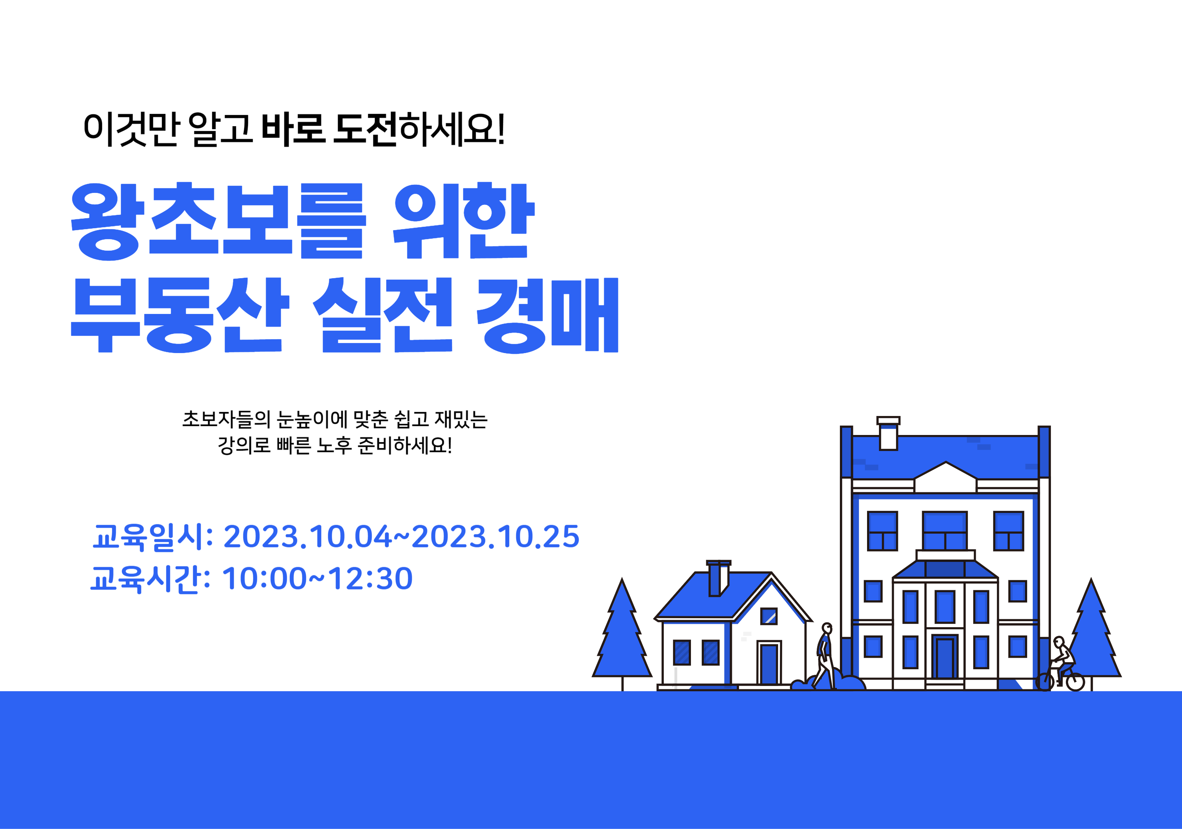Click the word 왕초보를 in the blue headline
(219, 222)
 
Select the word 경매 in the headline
(547, 315)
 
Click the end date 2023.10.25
(495, 537)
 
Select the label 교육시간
(145, 579)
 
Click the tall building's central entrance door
(945, 658)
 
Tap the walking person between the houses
(824, 656)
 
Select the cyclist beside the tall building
(1060, 664)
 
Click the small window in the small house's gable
(769, 616)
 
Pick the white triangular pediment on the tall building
(945, 473)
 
